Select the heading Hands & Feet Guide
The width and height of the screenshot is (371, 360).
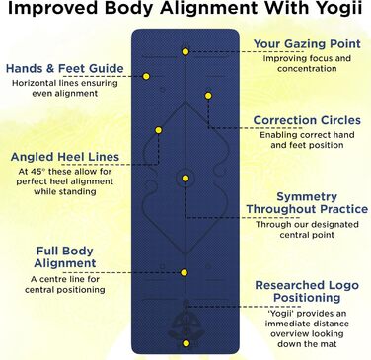[64, 69]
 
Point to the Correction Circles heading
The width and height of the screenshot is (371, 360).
[307, 121]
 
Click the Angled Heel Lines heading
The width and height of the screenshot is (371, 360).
[66, 156]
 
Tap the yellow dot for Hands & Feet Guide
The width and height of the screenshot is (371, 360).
[145, 76]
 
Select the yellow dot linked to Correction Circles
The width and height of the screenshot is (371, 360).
[209, 96]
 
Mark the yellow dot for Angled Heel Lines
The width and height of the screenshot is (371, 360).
[157, 130]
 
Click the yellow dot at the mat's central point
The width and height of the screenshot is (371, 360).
[185, 179]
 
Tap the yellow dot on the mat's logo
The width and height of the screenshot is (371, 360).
[185, 342]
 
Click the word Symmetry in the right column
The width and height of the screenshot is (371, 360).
[308, 196]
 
